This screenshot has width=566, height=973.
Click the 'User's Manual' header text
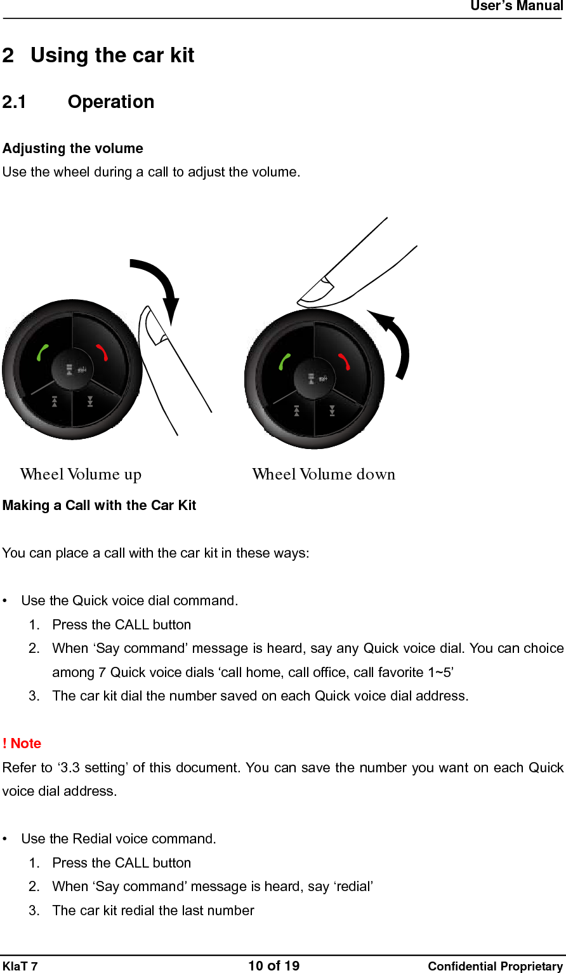coord(516,6)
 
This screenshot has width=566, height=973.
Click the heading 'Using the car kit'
coord(112,56)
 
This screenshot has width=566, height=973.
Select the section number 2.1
coord(14,102)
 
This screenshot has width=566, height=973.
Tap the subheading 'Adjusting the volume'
coord(73,149)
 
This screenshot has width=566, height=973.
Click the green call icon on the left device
coord(43,352)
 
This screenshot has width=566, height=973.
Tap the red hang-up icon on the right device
coord(344,361)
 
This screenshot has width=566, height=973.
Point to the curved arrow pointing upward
coord(395,343)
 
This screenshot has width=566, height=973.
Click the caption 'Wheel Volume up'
coord(81,474)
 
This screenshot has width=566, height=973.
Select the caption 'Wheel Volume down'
coord(324,474)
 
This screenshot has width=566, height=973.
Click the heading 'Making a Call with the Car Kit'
coord(99,506)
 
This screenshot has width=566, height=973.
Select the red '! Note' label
coord(22,744)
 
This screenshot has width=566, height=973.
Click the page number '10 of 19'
coord(273,966)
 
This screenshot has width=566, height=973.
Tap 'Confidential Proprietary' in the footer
coord(495,967)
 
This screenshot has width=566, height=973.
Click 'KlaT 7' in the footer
coord(20,967)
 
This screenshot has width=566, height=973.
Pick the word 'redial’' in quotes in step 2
coord(353,887)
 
